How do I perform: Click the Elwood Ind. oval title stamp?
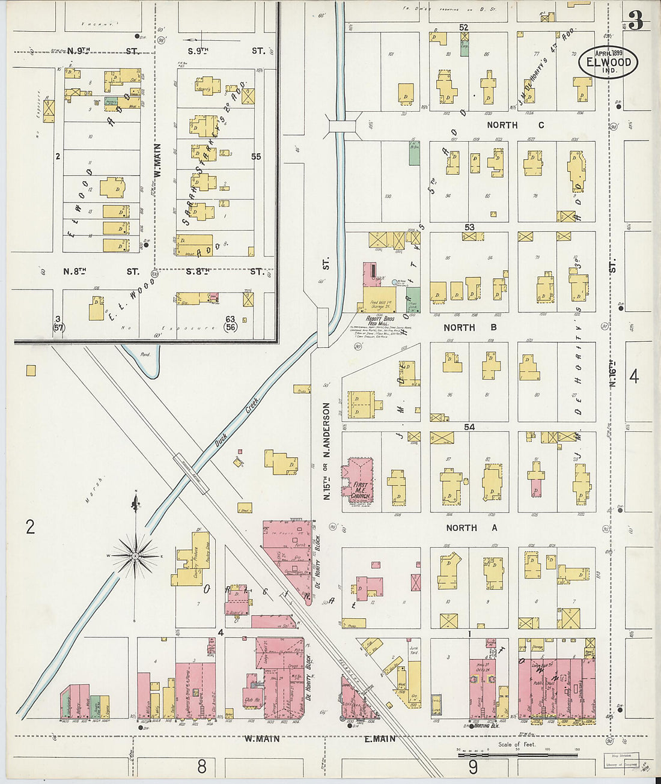click(608, 61)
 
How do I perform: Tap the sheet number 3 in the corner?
click(636, 21)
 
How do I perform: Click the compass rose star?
click(136, 556)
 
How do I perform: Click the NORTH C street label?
click(515, 125)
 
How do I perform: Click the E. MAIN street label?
click(380, 738)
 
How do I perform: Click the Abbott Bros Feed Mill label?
click(379, 320)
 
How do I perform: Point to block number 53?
click(469, 227)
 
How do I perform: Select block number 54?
click(469, 427)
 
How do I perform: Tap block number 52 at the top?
click(463, 27)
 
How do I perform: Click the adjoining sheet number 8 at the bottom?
click(202, 766)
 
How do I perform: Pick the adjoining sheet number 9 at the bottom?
click(473, 767)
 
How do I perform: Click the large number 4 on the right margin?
click(634, 377)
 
